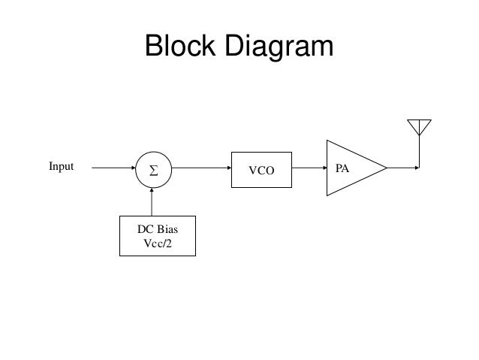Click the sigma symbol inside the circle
[x=152, y=169]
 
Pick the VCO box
[x=263, y=168]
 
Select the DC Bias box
[x=158, y=236]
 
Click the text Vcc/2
[x=158, y=243]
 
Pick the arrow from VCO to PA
[x=309, y=168]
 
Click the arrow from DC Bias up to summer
[x=152, y=201]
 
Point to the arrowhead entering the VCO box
[x=228, y=168]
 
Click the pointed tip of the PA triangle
[x=386, y=168]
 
